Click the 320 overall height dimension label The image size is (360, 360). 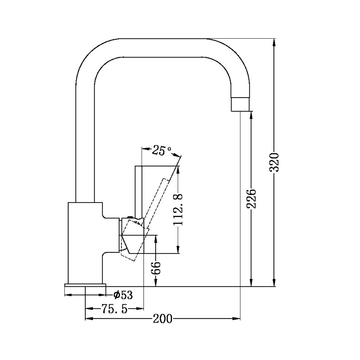[x=274, y=162]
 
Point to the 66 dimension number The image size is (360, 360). [x=156, y=268]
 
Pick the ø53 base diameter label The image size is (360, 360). [x=123, y=295]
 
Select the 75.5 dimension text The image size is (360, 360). [x=114, y=309]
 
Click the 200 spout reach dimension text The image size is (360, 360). [x=163, y=319]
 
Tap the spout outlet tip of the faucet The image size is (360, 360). [x=240, y=104]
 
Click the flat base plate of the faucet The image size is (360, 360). [x=85, y=285]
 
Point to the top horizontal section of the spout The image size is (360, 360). [x=163, y=48]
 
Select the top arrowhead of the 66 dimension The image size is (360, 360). [x=156, y=238]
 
